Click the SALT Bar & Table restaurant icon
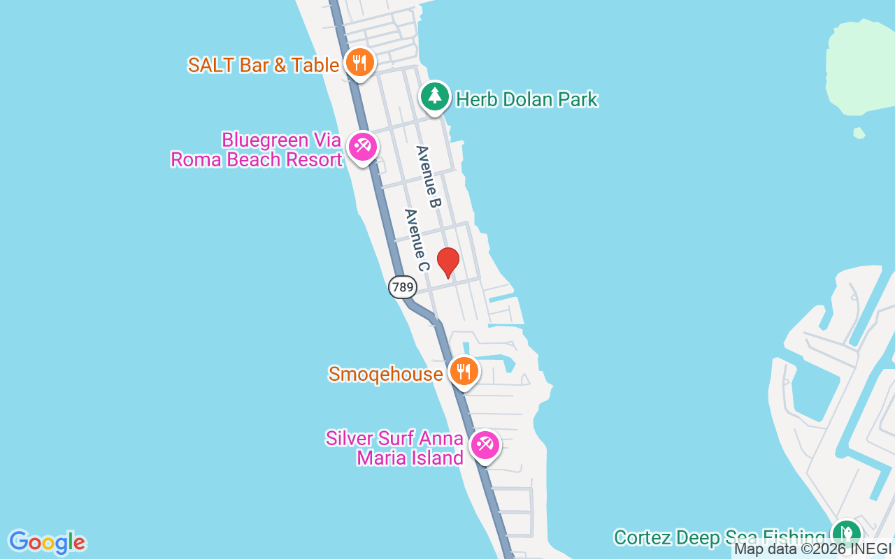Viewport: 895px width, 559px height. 359,63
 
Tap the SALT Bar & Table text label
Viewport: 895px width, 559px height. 264,65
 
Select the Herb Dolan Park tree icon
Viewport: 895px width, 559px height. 435,96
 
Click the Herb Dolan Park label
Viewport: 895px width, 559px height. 527,99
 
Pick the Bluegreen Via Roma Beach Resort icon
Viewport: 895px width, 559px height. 363,147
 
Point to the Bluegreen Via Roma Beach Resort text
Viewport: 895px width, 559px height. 257,150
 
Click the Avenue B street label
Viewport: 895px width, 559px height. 429,177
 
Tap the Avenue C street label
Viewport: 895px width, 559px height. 415,240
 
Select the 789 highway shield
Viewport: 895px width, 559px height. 403,286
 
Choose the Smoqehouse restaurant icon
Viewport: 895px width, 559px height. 463,371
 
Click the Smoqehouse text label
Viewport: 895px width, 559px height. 385,374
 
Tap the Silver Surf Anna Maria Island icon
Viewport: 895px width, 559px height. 484,444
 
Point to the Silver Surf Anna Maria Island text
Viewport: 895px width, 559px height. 395,448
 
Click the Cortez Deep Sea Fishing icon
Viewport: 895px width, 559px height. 846,533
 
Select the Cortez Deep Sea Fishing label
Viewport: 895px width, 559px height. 719,537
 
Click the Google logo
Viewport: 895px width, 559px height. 47,542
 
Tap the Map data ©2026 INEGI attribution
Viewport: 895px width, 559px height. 812,549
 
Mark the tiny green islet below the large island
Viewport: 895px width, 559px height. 859,133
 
